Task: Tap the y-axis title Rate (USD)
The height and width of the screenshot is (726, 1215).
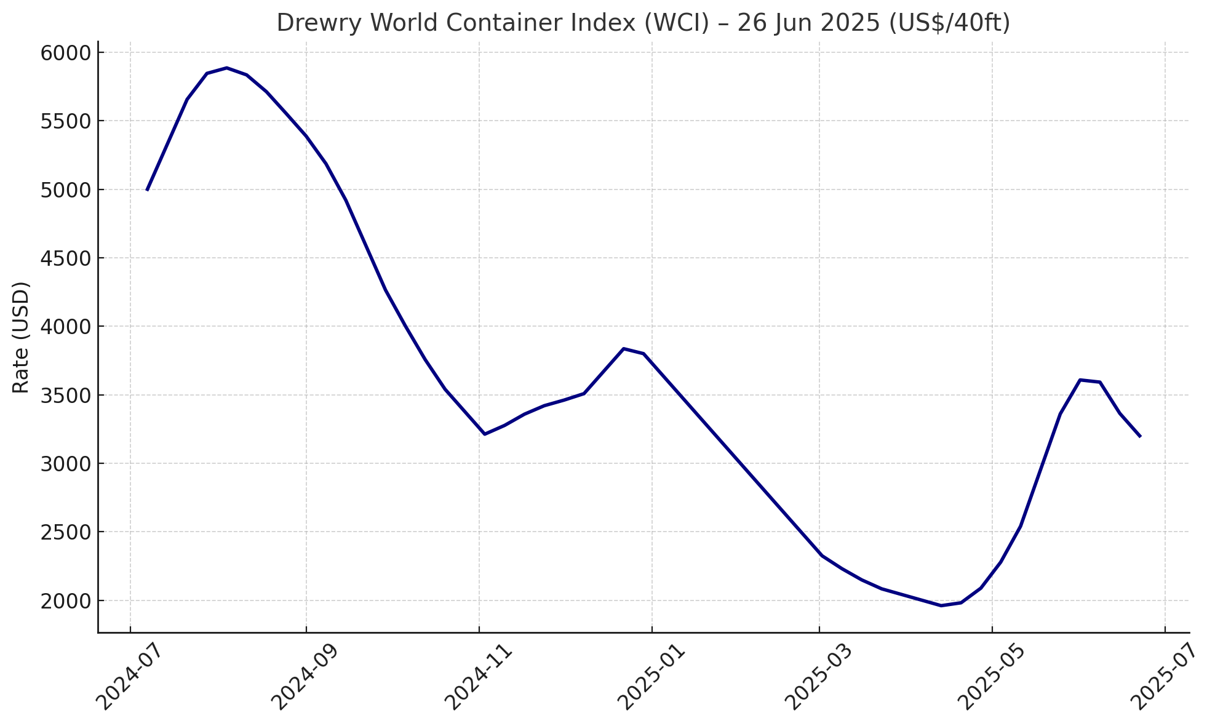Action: point(22,337)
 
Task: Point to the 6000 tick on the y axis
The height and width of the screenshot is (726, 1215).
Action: point(65,53)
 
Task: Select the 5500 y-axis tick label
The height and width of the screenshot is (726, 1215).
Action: point(65,121)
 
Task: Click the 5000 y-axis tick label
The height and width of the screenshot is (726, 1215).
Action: point(65,189)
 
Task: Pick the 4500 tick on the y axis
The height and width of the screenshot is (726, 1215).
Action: point(65,258)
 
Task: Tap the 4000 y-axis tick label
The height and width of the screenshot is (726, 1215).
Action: point(65,327)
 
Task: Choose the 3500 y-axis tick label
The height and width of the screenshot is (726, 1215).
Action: point(65,395)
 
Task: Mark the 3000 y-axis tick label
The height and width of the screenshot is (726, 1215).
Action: point(65,464)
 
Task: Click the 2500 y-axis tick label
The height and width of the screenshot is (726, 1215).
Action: point(65,532)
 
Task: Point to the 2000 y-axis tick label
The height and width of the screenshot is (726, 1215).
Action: point(65,600)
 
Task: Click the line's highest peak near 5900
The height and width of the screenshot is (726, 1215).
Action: point(226,68)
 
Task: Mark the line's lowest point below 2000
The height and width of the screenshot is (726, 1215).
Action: point(941,605)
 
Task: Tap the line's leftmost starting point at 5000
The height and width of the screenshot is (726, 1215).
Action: point(147,189)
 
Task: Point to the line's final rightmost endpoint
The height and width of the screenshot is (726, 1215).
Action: point(1140,436)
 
